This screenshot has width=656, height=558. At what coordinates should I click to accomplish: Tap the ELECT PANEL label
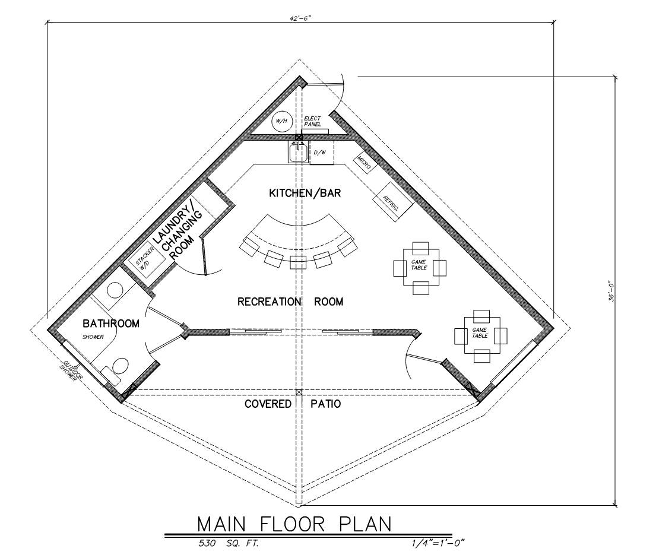coord(312,122)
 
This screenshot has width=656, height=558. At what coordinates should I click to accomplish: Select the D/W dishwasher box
coord(321,153)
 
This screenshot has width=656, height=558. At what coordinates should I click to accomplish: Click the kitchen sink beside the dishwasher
coord(297,153)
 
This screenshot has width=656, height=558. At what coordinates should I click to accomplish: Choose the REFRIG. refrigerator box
coord(389,204)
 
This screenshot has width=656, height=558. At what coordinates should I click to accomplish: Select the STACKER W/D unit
coord(143,261)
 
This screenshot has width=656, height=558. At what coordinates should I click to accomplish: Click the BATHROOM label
coord(111,324)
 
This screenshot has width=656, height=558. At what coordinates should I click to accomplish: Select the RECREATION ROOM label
coord(290,302)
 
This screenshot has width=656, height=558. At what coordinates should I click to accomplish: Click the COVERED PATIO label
coord(293,404)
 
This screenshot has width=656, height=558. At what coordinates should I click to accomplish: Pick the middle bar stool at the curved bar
coord(297,262)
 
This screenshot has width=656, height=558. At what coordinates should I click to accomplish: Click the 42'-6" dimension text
coord(300,18)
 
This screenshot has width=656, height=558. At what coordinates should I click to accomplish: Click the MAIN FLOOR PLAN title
coord(294,524)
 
